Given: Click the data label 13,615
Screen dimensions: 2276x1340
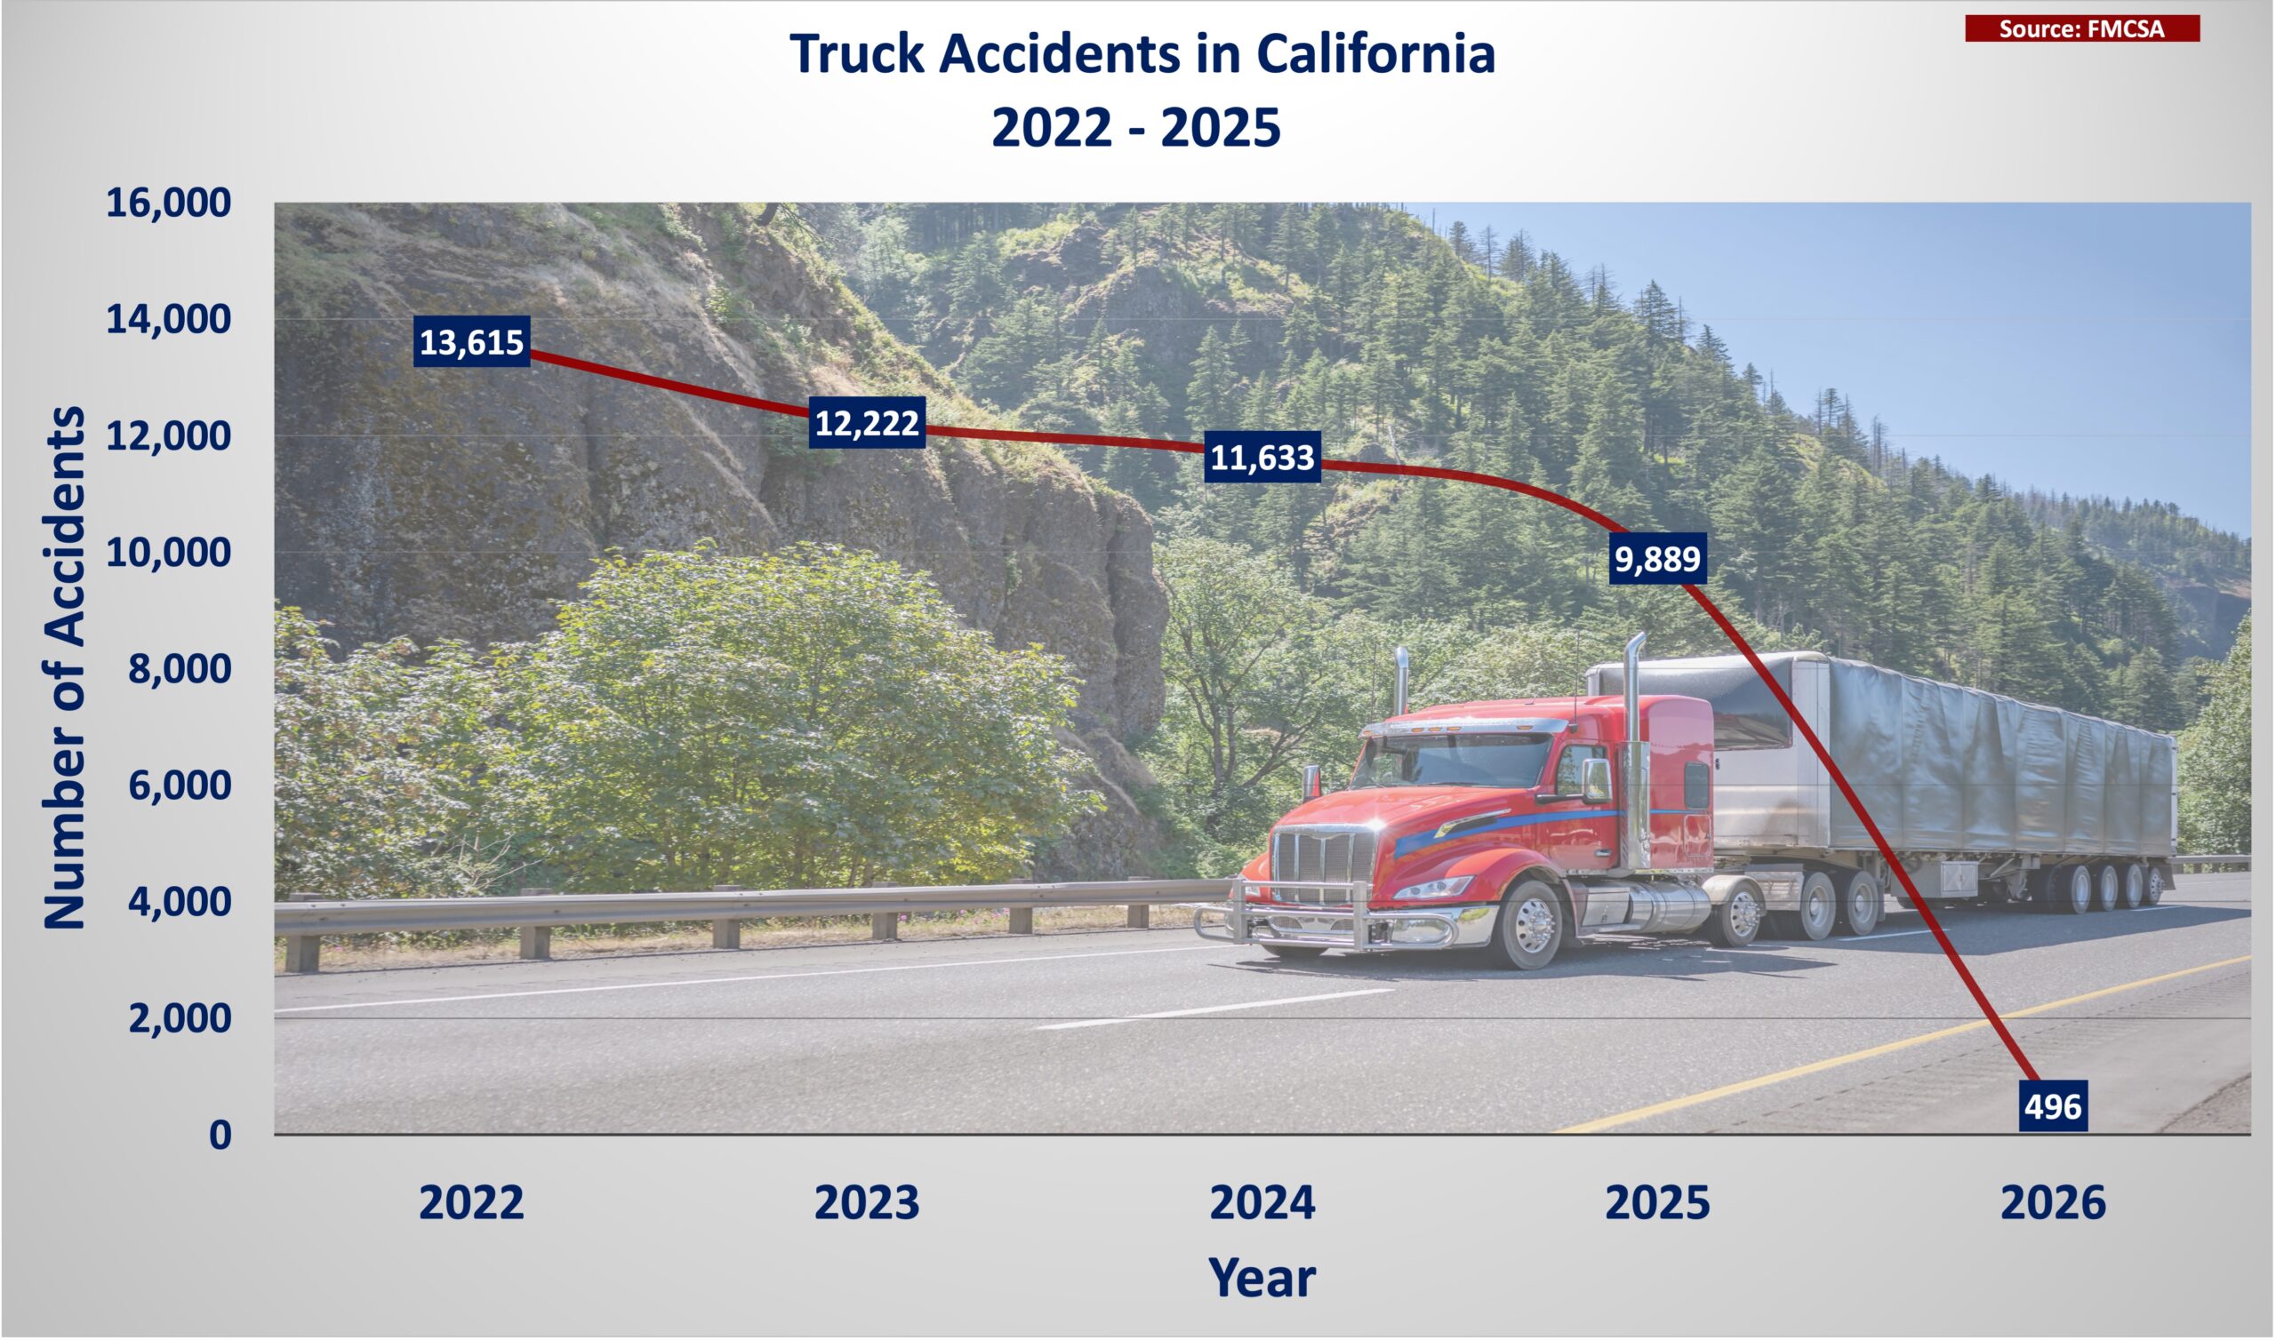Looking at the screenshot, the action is (x=471, y=342).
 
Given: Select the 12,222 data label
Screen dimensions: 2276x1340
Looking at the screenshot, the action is (x=867, y=423).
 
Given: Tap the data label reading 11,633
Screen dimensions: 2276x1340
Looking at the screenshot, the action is (x=1262, y=458).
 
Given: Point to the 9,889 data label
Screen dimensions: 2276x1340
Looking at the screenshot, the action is (x=1657, y=559).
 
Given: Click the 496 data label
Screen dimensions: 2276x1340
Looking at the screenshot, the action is (x=2053, y=1106).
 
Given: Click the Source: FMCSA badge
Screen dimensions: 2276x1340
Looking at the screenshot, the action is (x=2082, y=29).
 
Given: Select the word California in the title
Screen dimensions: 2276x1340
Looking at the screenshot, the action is (x=1375, y=53).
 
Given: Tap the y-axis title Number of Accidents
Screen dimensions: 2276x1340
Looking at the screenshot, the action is (x=65, y=668).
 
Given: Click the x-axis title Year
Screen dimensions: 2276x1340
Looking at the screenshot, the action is (x=1262, y=1278).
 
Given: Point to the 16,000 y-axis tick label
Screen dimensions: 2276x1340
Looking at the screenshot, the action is (x=168, y=203).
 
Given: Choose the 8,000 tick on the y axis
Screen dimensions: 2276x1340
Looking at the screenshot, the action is (x=179, y=669).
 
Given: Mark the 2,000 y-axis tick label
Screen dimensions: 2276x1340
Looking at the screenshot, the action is (x=179, y=1018).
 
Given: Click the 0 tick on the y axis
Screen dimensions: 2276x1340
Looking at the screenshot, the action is (x=220, y=1135).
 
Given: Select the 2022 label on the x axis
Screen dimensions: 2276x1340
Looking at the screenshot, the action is (x=471, y=1203).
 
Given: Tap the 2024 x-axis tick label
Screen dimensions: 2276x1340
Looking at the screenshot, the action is (x=1262, y=1203).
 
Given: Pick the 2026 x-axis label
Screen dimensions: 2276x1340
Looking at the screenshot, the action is (x=2053, y=1203).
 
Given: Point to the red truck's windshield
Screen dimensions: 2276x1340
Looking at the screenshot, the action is (x=1452, y=762).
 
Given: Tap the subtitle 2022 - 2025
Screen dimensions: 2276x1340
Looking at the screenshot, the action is (x=1136, y=126).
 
